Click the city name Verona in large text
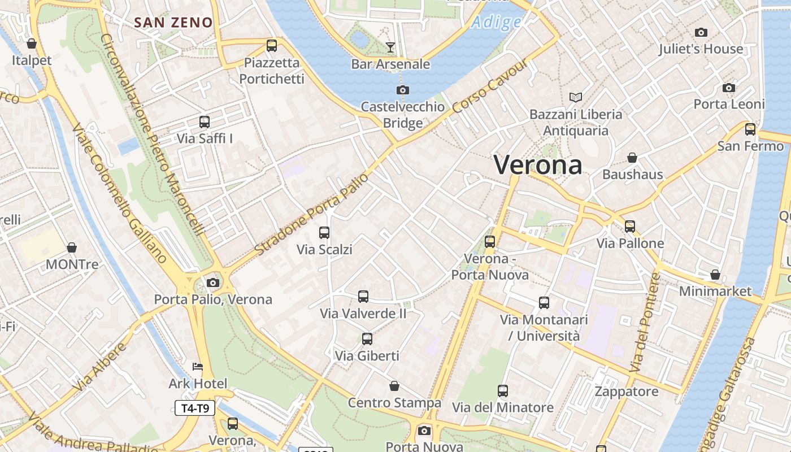point(538,164)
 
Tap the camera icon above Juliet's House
point(701,32)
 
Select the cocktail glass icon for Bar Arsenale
point(390,47)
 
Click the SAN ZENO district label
point(173,23)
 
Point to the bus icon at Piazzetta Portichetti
point(272,46)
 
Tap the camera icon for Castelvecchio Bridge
point(403,90)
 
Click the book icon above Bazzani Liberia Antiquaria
point(576,98)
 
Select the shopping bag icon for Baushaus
point(632,158)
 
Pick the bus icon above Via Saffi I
point(205,121)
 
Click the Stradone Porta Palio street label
point(311,214)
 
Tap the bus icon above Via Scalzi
point(324,232)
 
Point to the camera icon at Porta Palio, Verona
point(213,282)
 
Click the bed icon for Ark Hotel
point(198,367)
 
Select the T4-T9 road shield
point(195,408)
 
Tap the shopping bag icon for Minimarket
point(715,275)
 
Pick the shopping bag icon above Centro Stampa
point(394,386)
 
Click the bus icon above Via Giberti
point(367,339)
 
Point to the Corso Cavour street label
point(490,85)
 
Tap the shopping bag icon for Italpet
point(32,44)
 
